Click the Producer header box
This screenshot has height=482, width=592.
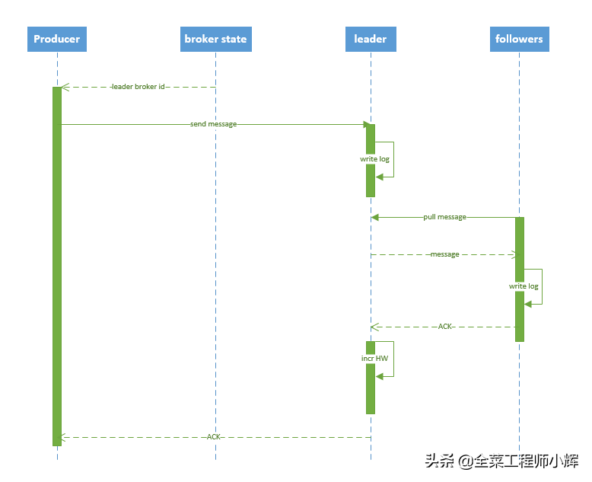(57, 39)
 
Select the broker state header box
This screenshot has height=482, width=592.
(215, 39)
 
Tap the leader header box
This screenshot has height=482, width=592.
(371, 39)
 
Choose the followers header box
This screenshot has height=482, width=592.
(519, 39)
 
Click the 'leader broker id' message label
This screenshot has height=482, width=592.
(138, 87)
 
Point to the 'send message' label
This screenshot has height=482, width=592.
(213, 124)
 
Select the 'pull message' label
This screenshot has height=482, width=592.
(444, 217)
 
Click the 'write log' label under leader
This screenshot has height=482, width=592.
(374, 159)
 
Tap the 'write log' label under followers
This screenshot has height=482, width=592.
(524, 286)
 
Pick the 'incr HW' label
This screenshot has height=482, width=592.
(374, 358)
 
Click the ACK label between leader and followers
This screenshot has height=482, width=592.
(445, 327)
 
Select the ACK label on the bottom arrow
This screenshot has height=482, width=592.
(214, 437)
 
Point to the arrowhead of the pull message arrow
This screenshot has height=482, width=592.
(375, 217)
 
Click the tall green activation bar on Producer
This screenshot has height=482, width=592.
(57, 267)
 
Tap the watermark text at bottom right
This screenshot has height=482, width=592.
(501, 461)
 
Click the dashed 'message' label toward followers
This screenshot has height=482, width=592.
(444, 254)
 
